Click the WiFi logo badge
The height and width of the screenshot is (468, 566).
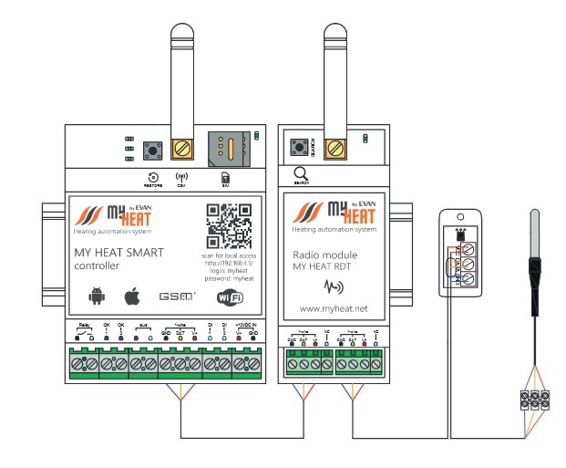click(232, 296)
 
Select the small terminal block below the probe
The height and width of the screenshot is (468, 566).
click(531, 399)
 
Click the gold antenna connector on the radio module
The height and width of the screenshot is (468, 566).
click(334, 146)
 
